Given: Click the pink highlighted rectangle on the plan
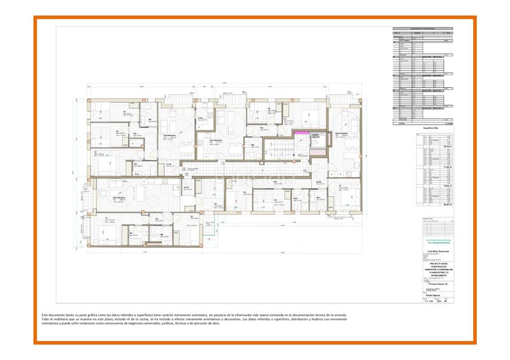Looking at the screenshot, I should pyautogui.click(x=298, y=133).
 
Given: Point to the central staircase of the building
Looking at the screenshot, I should pyautogui.click(x=280, y=150).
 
